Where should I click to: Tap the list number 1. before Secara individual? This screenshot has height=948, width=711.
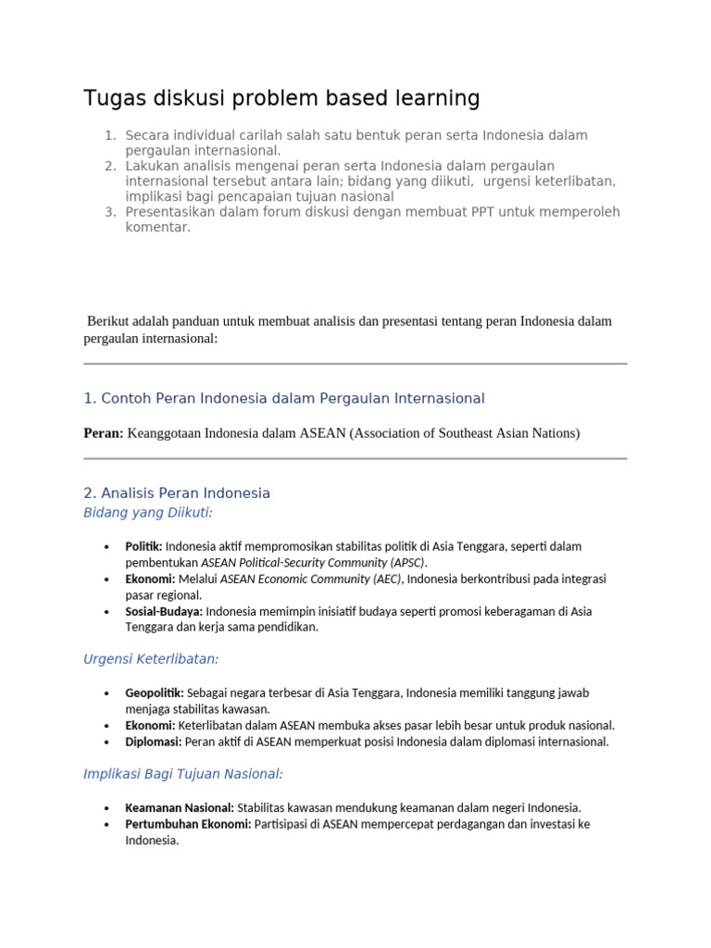109,136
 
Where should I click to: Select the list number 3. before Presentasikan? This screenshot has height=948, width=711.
109,212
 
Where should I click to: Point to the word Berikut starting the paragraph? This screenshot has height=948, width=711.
111,321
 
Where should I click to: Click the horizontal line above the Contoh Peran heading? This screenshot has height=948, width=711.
355,364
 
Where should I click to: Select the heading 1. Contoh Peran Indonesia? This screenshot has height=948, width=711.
283,398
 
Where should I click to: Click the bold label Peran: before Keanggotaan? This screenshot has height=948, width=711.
103,433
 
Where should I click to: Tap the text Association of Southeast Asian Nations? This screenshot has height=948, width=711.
464,433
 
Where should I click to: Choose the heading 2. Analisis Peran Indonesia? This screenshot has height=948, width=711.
176,493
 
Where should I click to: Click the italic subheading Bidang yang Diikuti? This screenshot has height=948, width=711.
147,512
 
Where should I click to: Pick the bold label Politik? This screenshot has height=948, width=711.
144,546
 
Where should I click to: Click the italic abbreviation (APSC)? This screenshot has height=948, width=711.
407,562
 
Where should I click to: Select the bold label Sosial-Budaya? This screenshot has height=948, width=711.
164,611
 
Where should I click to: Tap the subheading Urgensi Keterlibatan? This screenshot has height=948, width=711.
151,659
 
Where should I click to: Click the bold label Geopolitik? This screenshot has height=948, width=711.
155,692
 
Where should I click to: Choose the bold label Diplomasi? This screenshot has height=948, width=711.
154,742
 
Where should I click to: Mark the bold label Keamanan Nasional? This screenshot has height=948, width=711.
180,807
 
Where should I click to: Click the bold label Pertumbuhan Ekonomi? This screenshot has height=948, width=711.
188,824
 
